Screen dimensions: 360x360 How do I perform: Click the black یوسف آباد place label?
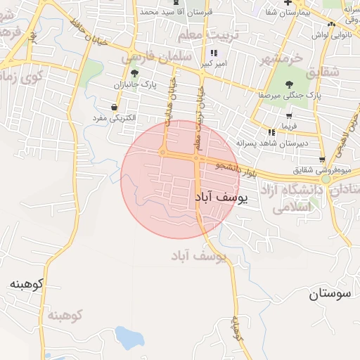pos(219,199)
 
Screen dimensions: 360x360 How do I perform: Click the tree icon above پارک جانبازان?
pos(134,73)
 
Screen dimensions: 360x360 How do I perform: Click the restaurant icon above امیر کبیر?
pos(213,53)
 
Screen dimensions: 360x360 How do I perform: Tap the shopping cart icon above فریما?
pos(289,115)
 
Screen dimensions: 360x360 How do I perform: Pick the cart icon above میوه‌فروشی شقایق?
pos(322,160)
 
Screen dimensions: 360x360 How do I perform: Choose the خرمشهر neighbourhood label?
pos(281,58)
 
